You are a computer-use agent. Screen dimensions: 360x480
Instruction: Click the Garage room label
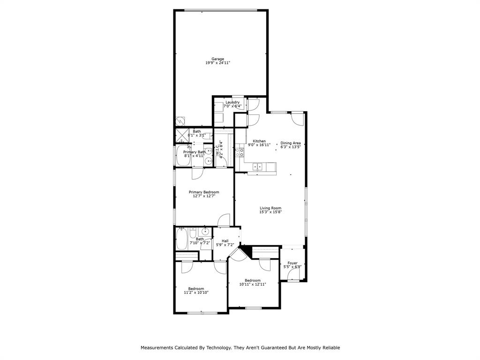217,59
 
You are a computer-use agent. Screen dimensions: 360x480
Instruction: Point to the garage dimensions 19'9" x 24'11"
217,63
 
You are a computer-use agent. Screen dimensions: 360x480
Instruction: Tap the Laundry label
232,102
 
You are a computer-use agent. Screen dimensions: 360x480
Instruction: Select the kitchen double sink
257,166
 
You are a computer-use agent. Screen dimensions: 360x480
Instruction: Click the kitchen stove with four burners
239,152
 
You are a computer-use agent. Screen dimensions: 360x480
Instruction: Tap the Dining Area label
291,143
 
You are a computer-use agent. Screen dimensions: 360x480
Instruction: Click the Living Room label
270,208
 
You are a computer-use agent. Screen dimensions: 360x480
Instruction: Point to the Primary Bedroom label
204,192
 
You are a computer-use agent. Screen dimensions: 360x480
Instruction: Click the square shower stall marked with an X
181,135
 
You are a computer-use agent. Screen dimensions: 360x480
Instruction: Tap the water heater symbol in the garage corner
180,120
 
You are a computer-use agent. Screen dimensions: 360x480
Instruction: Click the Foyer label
292,263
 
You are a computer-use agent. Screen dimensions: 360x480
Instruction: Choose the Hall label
225,241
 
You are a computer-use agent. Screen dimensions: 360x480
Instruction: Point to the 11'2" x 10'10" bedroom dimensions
196,292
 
